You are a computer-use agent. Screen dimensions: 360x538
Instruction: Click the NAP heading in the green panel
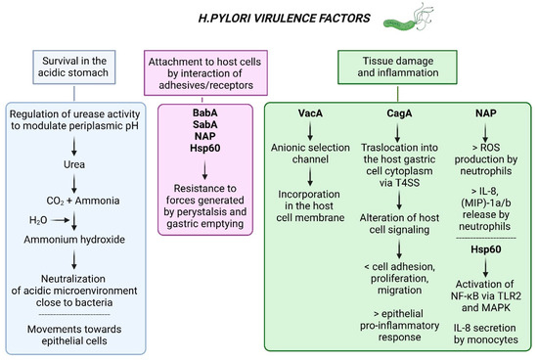[x=485, y=116]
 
